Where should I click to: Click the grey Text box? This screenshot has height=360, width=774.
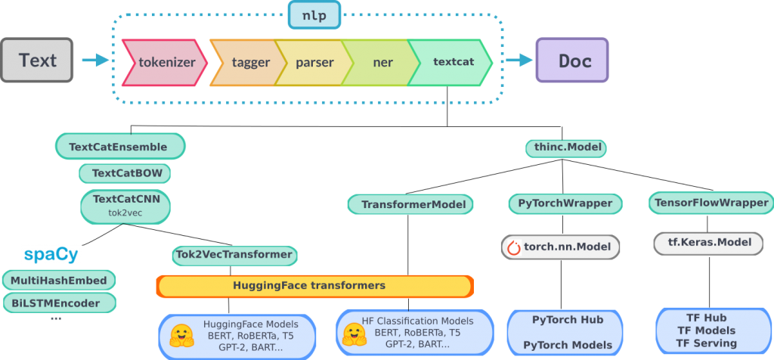[37, 61]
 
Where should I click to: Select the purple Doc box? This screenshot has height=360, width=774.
[572, 61]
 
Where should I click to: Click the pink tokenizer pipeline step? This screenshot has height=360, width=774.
[165, 62]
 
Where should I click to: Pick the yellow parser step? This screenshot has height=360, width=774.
[314, 62]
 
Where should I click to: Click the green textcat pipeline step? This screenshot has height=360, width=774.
[452, 62]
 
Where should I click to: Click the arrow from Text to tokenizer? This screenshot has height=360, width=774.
[94, 61]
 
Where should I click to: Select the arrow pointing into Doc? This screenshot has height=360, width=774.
[519, 61]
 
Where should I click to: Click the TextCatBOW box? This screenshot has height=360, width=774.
[125, 173]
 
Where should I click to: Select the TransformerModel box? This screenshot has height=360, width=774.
[411, 204]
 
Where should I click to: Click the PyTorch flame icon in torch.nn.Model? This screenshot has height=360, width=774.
[514, 247]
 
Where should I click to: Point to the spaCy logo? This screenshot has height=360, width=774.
[51, 254]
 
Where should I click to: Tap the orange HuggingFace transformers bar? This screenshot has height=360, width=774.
[314, 286]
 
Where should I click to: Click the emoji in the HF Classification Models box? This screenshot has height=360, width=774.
[354, 334]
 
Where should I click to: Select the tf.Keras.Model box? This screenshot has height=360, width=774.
[708, 243]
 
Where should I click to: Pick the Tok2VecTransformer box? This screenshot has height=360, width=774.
[234, 255]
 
